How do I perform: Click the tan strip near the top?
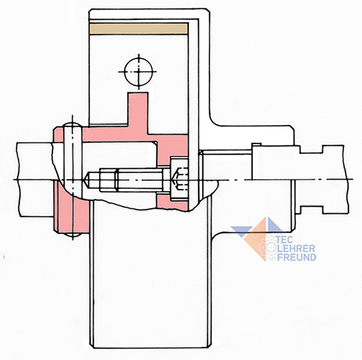point(139,28)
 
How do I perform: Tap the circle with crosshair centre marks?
point(138,72)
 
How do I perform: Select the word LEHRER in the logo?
point(297,249)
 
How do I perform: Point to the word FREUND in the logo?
point(297,257)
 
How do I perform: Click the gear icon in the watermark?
point(268,246)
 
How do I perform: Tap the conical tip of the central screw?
point(88,180)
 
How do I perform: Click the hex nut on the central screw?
point(109,180)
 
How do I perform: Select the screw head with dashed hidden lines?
point(180,180)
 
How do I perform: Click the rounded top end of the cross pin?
point(72,124)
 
